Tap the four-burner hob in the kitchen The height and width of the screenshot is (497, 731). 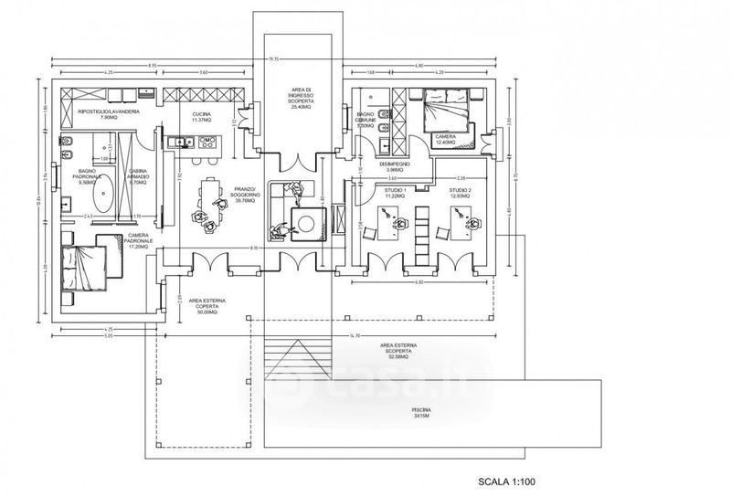tap(208, 142)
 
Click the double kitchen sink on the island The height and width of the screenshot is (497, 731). tap(182, 142)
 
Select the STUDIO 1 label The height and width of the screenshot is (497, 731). tap(395, 193)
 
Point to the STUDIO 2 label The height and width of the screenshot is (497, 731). tap(460, 193)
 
